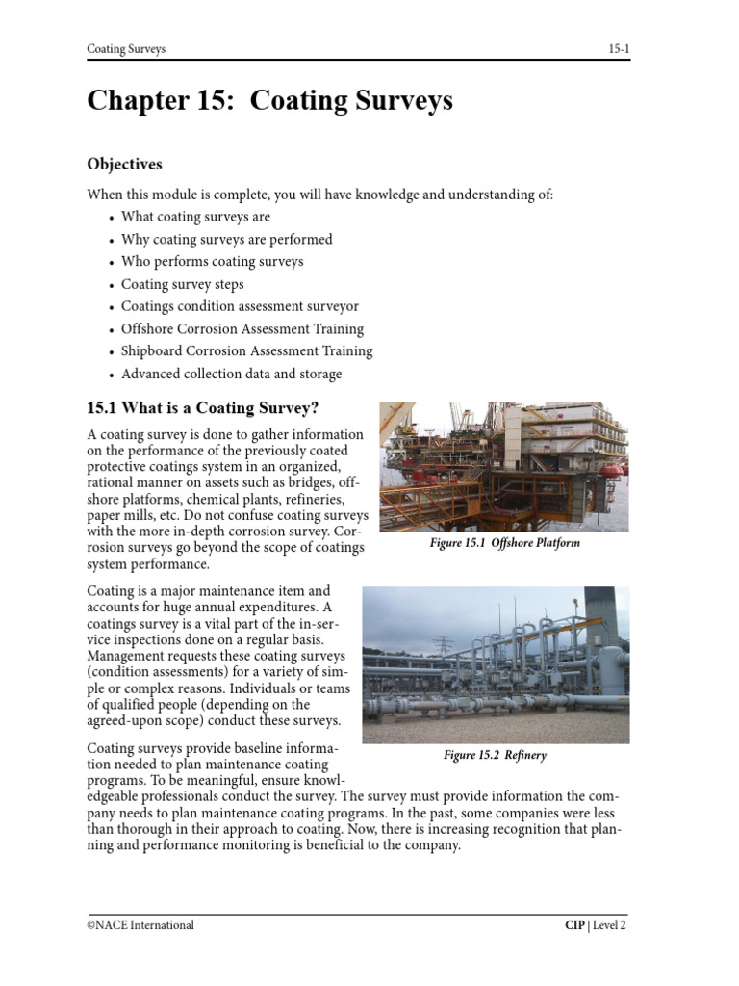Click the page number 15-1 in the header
point(618,49)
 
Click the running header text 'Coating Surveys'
point(126,49)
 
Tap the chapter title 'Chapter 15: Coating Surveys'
point(269,101)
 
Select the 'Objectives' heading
point(124,165)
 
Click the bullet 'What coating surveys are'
point(195,217)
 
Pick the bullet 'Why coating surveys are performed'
point(226,239)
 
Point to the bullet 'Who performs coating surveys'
point(212,262)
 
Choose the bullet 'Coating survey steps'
point(182,285)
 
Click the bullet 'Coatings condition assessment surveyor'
point(240,307)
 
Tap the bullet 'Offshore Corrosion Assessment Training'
point(242,329)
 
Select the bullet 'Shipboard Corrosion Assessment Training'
point(246,351)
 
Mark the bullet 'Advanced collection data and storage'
point(231,375)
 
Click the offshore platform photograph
point(504,466)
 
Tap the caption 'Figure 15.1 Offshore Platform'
point(504,543)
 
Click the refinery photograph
point(496,664)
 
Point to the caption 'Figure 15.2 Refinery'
point(495,756)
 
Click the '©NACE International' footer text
point(140,925)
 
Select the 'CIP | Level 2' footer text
point(595,925)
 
